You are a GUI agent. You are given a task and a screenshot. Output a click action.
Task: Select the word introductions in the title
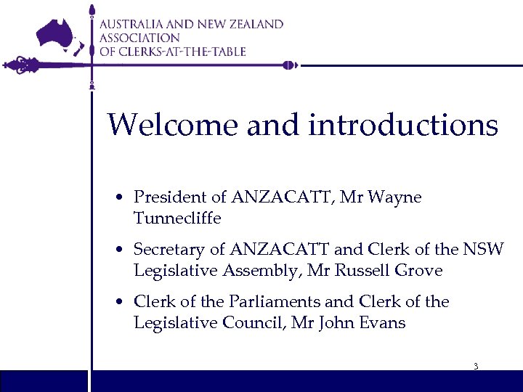click(x=403, y=125)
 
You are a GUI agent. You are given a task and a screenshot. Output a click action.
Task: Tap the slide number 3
click(x=476, y=367)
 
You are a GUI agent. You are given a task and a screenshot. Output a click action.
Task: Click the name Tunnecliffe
click(x=177, y=217)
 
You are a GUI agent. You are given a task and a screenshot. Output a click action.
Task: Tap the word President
click(x=170, y=197)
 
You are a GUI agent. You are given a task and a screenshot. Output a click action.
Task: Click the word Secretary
click(x=170, y=250)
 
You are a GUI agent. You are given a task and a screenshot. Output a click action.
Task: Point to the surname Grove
click(x=418, y=270)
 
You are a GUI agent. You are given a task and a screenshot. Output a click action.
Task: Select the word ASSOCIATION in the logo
click(x=139, y=38)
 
